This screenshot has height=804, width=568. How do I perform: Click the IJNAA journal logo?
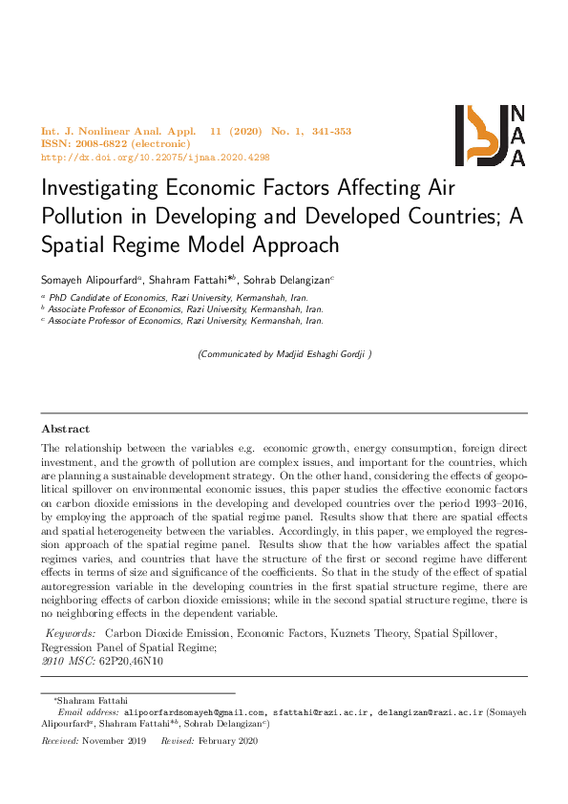[491, 136]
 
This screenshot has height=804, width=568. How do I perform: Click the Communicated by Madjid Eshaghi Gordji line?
[284, 354]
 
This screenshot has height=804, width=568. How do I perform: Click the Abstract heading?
[66, 429]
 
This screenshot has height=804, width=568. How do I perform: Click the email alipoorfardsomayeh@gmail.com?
[194, 712]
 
